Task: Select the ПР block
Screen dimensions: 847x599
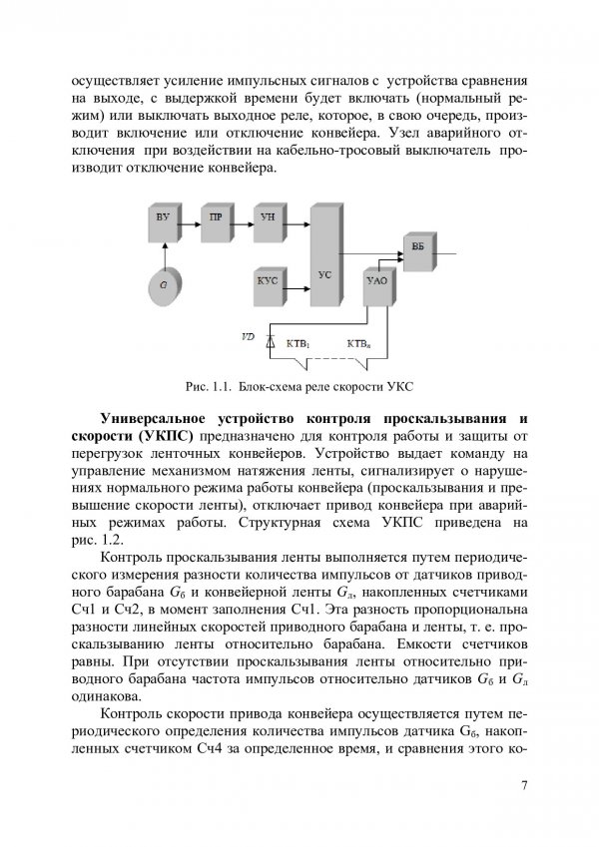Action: coord(215,218)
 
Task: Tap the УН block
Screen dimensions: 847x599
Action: coord(266,218)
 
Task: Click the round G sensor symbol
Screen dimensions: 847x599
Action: coord(163,285)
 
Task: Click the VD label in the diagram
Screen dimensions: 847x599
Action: coord(248,336)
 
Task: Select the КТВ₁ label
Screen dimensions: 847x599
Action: coord(299,344)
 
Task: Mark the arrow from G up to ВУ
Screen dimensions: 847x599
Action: coord(163,252)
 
